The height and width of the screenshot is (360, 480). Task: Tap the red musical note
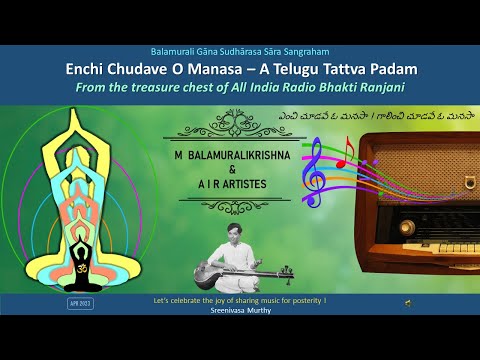[x=341, y=151]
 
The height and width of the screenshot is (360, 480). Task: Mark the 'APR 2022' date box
[x=80, y=302]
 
